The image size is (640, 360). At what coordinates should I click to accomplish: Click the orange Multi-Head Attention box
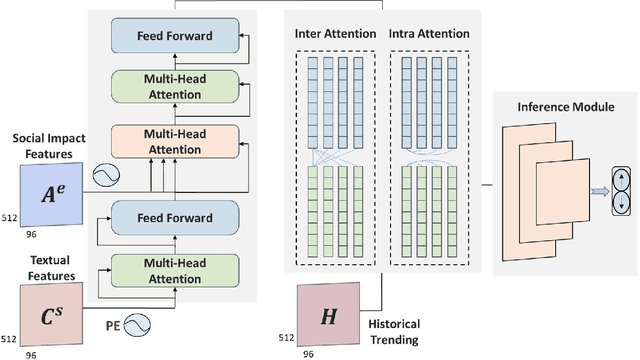176,140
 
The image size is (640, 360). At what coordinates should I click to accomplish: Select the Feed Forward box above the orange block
176,36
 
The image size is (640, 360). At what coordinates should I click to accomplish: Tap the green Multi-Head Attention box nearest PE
176,268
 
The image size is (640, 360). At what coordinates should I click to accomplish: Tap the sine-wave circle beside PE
134,325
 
